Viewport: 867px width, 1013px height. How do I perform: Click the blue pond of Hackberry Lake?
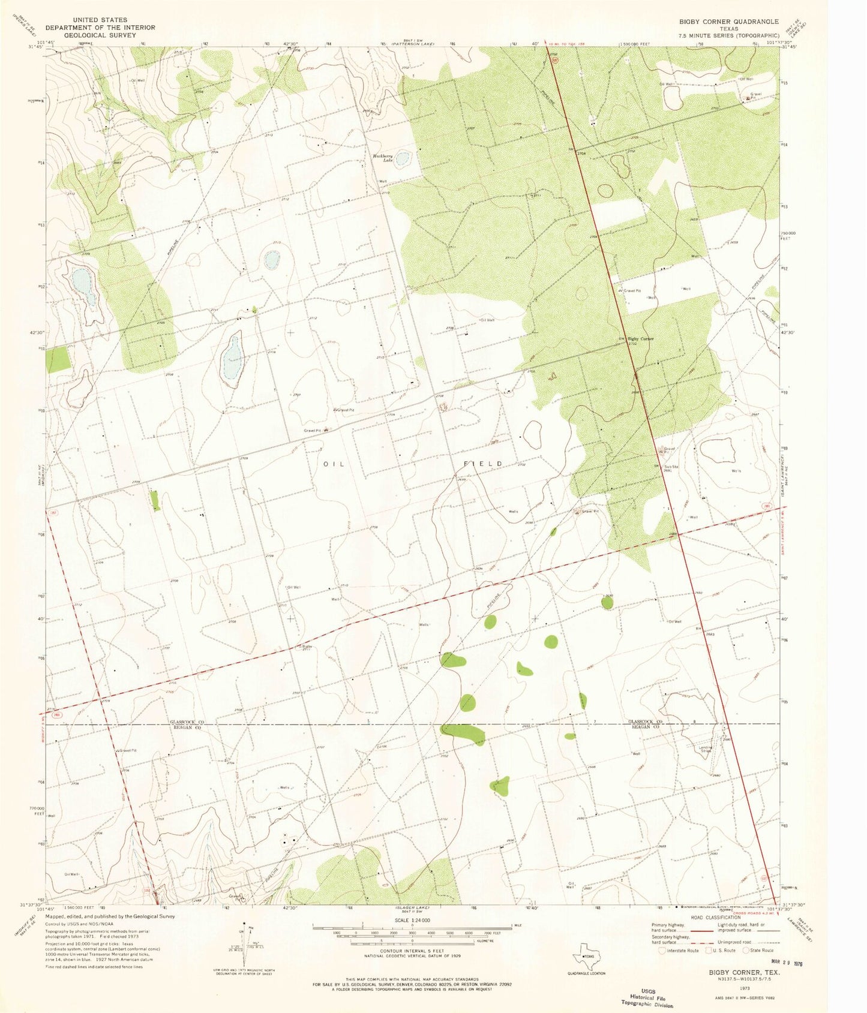tap(403, 159)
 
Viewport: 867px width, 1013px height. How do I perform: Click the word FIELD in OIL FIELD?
tap(484, 464)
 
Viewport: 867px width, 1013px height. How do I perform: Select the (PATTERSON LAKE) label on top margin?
tap(413, 44)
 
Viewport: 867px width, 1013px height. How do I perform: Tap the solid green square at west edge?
tap(59, 360)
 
